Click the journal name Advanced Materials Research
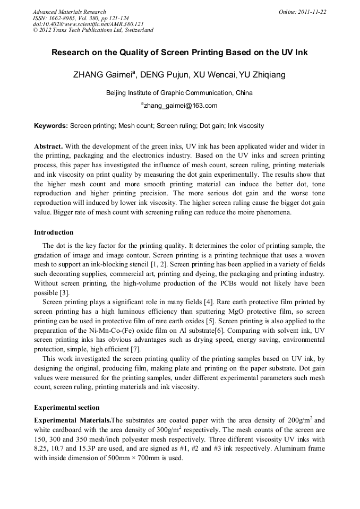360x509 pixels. click(70, 12)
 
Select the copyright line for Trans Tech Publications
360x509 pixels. click(93, 30)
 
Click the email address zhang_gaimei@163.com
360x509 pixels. click(181, 106)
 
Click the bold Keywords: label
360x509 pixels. click(51, 126)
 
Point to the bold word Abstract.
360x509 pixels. click(48, 146)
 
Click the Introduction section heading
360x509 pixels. click(54, 232)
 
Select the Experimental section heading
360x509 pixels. click(66, 408)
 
